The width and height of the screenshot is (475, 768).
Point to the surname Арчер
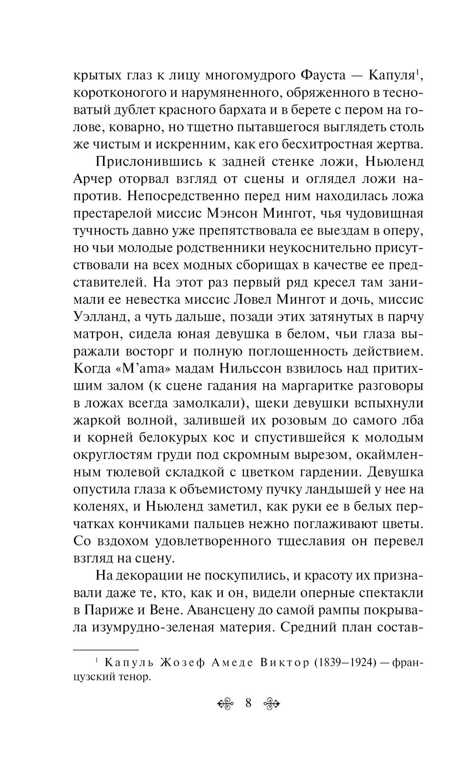pos(95,179)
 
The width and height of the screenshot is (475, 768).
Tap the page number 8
pos(248,703)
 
